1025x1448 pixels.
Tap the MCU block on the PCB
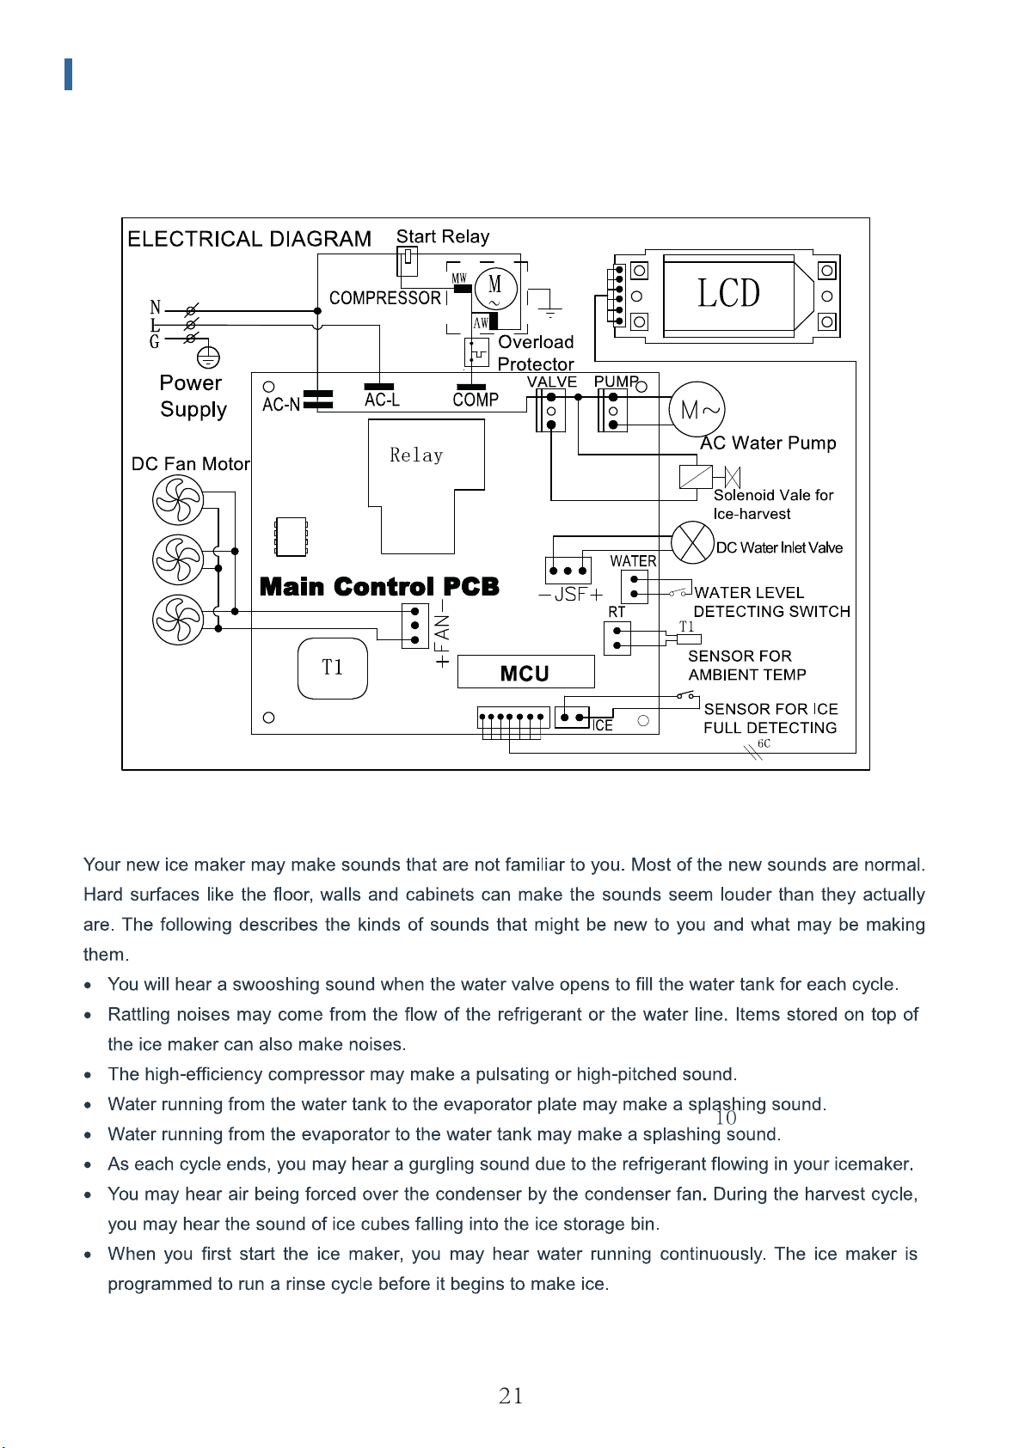pyautogui.click(x=525, y=672)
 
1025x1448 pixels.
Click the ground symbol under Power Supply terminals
pyautogui.click(x=208, y=356)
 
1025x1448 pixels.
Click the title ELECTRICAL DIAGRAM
pyautogui.click(x=249, y=239)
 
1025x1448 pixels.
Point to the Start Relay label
pyautogui.click(x=443, y=236)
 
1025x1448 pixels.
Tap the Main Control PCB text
pyautogui.click(x=379, y=586)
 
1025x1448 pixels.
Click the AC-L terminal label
pyautogui.click(x=382, y=400)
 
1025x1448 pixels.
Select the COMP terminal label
pyautogui.click(x=476, y=400)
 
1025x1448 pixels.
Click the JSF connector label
pyautogui.click(x=570, y=594)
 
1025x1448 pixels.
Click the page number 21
pyautogui.click(x=511, y=1396)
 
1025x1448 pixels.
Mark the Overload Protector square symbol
pyautogui.click(x=476, y=352)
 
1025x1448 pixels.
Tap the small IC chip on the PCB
pyautogui.click(x=291, y=536)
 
